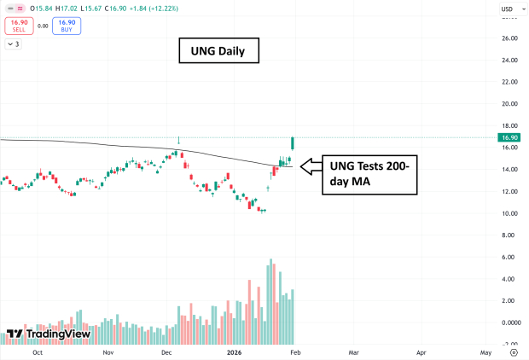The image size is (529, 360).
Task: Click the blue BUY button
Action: click(x=67, y=26)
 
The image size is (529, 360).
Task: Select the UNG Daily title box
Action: click(x=218, y=51)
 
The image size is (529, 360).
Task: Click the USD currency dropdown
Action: click(x=509, y=9)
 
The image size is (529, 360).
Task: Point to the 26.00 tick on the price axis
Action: click(x=510, y=38)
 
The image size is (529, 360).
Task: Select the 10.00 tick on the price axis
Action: click(x=510, y=213)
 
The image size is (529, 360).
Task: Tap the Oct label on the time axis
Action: click(x=37, y=351)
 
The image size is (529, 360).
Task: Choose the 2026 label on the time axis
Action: click(x=235, y=351)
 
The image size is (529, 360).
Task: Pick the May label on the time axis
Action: click(x=485, y=351)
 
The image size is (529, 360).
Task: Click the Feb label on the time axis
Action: click(x=294, y=351)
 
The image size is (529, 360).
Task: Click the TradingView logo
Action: click(x=49, y=334)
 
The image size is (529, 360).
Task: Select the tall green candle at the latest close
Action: click(x=293, y=144)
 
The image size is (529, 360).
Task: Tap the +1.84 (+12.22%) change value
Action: click(x=168, y=9)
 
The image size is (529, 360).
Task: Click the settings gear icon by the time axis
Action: click(x=513, y=351)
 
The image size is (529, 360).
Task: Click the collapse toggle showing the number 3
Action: click(x=14, y=44)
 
